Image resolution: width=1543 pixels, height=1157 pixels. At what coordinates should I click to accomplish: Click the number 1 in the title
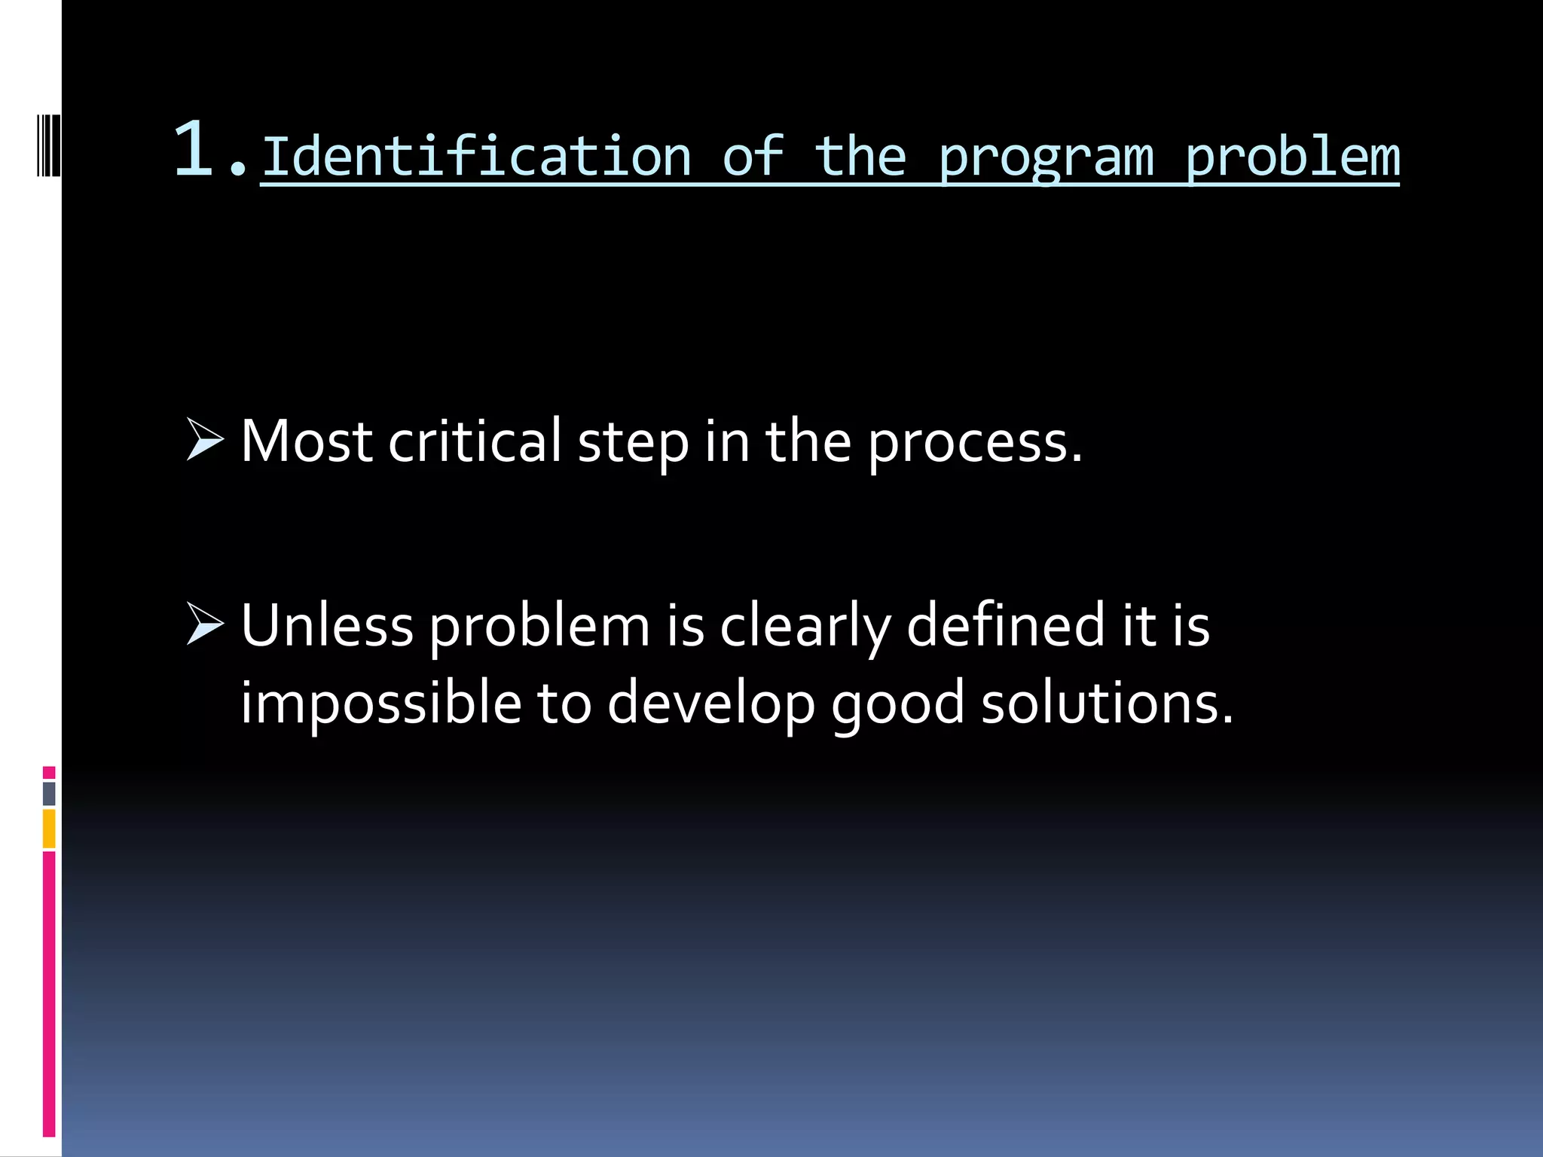(194, 149)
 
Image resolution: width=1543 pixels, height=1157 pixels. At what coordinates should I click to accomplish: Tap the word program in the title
(1046, 158)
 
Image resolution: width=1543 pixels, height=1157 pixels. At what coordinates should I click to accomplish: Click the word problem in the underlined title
(1291, 158)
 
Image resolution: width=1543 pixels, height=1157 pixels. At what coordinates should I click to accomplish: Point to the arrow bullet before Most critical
(205, 441)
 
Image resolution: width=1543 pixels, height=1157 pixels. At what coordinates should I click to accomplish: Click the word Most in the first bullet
(306, 441)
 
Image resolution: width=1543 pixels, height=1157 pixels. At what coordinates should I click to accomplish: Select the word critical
(475, 441)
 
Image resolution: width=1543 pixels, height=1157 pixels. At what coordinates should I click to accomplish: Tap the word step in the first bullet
(633, 444)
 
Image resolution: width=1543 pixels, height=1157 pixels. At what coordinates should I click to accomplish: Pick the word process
(974, 444)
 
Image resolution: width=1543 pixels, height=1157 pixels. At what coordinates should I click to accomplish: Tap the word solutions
(1107, 702)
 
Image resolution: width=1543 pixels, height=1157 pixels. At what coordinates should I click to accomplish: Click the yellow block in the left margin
(49, 829)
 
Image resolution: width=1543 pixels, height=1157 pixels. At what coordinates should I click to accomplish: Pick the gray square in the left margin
(49, 793)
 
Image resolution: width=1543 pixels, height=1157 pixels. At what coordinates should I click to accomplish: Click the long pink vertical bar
(49, 994)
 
